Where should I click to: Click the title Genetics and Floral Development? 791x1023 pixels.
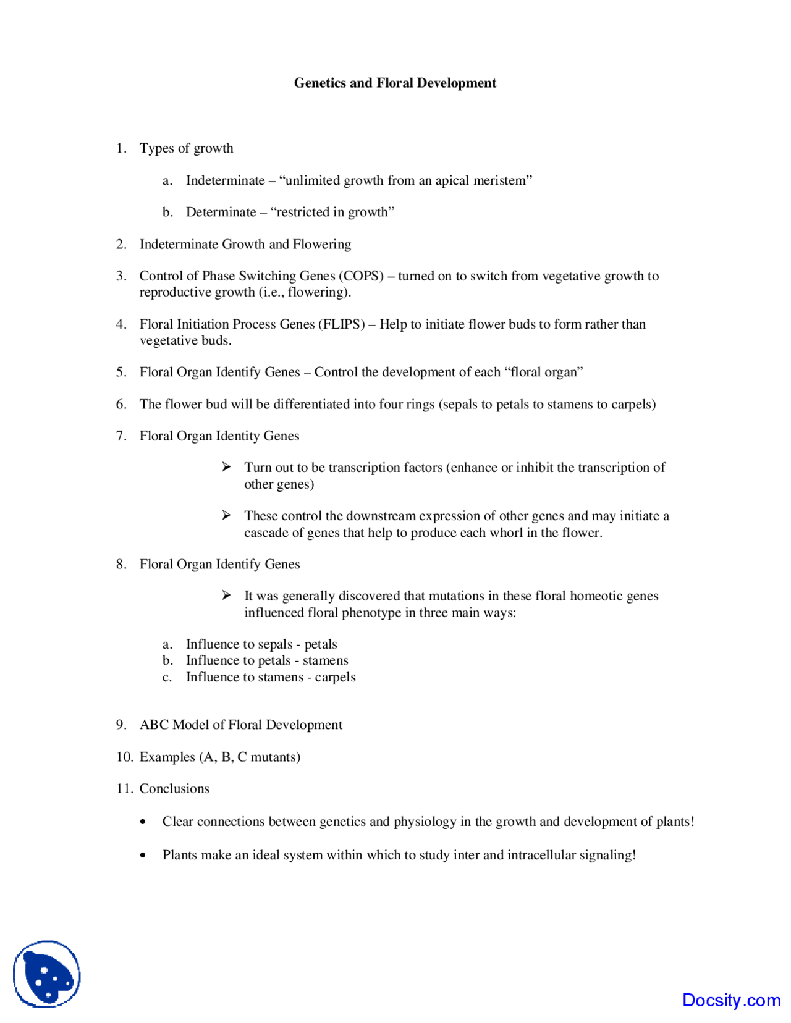click(395, 83)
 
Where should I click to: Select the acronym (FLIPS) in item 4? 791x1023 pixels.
click(341, 324)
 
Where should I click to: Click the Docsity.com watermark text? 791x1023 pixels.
click(731, 1000)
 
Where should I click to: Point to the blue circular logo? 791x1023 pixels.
click(47, 974)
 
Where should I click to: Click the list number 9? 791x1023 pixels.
click(121, 725)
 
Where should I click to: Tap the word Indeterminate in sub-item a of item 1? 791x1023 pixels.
click(225, 180)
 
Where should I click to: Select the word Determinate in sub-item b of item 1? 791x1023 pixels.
click(221, 212)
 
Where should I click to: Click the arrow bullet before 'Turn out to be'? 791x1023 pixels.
click(226, 467)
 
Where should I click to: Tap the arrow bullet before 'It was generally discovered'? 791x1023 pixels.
click(226, 596)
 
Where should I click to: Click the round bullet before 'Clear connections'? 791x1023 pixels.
click(143, 822)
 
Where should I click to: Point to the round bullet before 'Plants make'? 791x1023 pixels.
click(143, 856)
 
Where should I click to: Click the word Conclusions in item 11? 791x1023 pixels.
click(174, 789)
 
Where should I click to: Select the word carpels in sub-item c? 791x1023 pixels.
click(335, 677)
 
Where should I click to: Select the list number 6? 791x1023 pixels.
click(121, 404)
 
